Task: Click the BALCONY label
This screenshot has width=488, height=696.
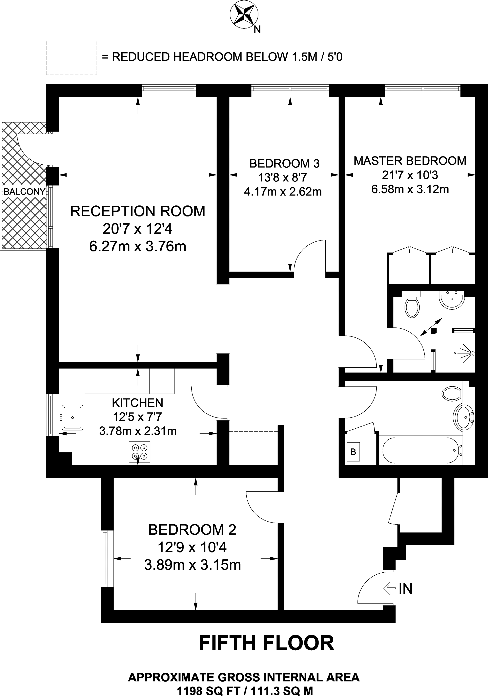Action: pyautogui.click(x=24, y=191)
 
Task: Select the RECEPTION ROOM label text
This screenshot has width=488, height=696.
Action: pyautogui.click(x=138, y=211)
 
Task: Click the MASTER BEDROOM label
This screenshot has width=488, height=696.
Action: pyautogui.click(x=410, y=161)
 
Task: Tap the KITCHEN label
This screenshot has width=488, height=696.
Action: pyautogui.click(x=138, y=403)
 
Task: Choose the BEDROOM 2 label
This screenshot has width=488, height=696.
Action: pyautogui.click(x=192, y=530)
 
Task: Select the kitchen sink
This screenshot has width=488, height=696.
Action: pyautogui.click(x=73, y=417)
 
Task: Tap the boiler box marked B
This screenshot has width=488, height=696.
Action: pyautogui.click(x=353, y=452)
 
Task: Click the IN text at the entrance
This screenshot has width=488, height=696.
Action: pyautogui.click(x=405, y=588)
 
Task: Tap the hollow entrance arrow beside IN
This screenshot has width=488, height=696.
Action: pyautogui.click(x=390, y=588)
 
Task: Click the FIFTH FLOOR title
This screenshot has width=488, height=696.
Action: pyautogui.click(x=266, y=643)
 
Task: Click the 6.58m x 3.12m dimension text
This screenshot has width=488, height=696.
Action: pyautogui.click(x=410, y=189)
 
